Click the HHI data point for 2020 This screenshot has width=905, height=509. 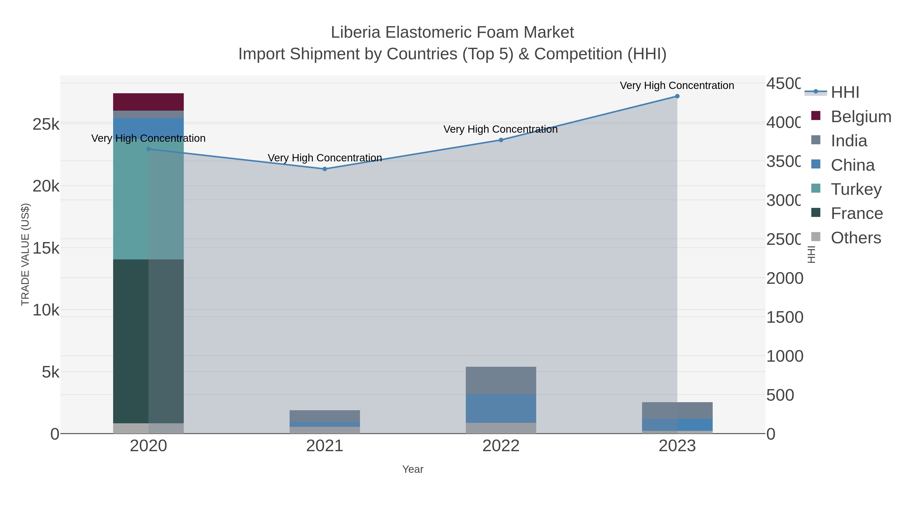(x=148, y=149)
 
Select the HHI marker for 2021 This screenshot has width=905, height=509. (x=325, y=169)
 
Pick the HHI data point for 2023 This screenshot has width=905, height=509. (x=677, y=96)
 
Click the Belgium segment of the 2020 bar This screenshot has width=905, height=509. (x=148, y=102)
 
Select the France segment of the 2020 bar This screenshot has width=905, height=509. (x=148, y=341)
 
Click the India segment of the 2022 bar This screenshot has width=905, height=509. (x=501, y=381)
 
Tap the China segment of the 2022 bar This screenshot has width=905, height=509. (x=501, y=408)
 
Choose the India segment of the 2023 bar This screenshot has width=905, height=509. (x=677, y=410)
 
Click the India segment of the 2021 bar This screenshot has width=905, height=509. (x=325, y=416)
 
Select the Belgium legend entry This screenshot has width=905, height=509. (x=861, y=117)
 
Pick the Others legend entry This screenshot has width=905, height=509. (x=855, y=238)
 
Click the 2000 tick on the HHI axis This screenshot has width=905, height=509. (x=785, y=279)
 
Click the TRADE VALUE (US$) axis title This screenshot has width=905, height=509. (x=25, y=254)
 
